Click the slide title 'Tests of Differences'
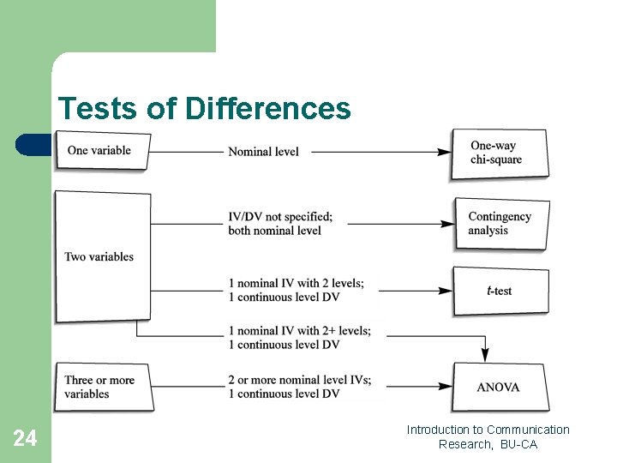click(x=204, y=109)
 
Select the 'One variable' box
click(x=102, y=151)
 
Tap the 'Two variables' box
click(x=102, y=256)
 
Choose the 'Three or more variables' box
click(x=102, y=387)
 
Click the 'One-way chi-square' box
click(x=500, y=153)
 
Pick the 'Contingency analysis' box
click(x=500, y=224)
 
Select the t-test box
click(x=500, y=291)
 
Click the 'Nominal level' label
click(x=264, y=152)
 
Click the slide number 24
click(x=25, y=439)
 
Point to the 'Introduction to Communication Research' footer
click(x=488, y=436)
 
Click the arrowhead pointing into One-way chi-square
click(x=445, y=152)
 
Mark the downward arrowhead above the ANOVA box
click(x=485, y=354)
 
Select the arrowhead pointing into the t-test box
click(x=447, y=291)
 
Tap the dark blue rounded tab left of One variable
click(x=33, y=145)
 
